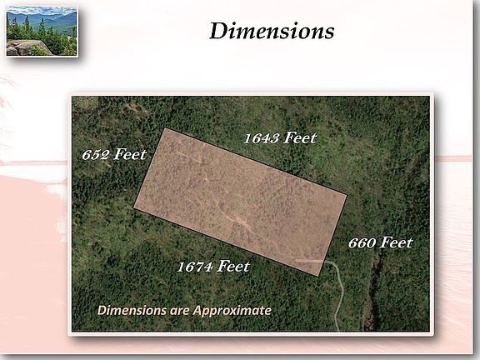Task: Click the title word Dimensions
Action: pos(272,31)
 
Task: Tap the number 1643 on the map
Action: pos(262,138)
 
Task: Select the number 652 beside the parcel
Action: pos(96,155)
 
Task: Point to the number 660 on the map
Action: pos(362,243)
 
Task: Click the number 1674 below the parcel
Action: pos(195,267)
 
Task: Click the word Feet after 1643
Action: pos(300,138)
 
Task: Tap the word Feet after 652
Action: pos(130,154)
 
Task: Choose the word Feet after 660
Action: pos(397,242)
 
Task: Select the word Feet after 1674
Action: pos(233,266)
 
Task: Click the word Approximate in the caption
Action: pos(232,311)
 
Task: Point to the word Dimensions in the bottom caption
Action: pos(132,310)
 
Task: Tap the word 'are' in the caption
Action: pos(180,311)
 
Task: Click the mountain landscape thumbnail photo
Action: pos(42,32)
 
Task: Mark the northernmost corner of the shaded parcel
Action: pos(165,128)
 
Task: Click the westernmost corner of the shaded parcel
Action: pos(134,207)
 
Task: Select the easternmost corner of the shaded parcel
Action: pos(347,194)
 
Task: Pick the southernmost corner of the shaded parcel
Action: pos(318,276)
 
